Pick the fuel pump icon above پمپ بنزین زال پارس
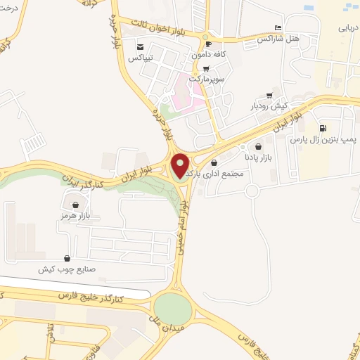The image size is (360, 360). click(323, 128)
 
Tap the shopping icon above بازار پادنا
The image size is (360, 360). click(259, 147)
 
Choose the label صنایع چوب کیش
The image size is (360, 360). click(66, 269)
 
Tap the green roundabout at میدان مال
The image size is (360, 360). click(172, 309)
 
